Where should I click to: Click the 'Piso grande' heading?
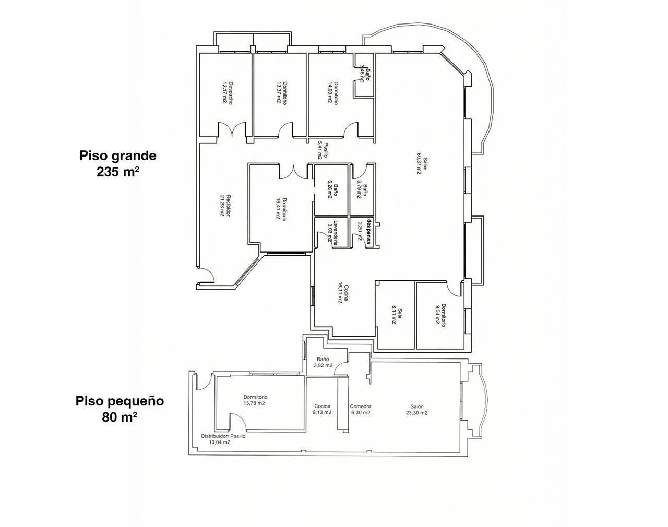118,155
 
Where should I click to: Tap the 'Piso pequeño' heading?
120,401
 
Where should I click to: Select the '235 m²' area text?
118,172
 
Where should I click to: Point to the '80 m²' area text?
120,417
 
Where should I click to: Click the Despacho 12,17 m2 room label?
227,93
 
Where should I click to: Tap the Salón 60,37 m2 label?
422,166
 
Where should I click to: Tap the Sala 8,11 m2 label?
397,316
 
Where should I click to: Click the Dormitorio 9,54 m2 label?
440,315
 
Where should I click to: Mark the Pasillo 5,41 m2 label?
323,150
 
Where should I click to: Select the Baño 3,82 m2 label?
323,362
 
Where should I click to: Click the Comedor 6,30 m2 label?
360,410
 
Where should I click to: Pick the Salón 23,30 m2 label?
416,410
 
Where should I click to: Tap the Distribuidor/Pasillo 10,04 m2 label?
223,439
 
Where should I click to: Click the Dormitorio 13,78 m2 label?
255,400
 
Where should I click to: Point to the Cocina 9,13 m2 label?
322,410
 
